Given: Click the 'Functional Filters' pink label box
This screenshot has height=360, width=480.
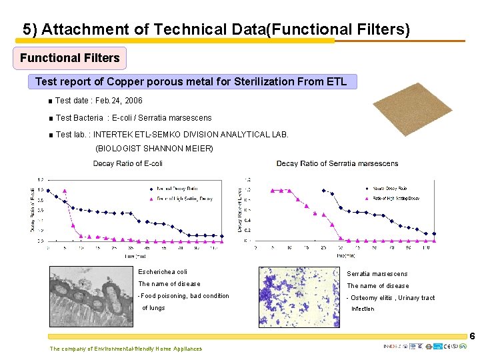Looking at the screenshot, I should (69, 58).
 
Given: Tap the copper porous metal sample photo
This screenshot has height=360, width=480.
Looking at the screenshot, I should (413, 109).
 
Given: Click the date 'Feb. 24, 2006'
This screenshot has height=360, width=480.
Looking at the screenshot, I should (120, 101).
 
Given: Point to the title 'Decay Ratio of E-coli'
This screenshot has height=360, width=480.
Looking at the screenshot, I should (128, 163).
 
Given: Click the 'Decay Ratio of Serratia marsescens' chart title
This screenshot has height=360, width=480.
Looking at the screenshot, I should (337, 163).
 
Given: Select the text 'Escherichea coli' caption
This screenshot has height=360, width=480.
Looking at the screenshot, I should (163, 272).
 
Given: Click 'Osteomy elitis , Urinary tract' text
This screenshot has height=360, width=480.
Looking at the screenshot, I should (392, 298).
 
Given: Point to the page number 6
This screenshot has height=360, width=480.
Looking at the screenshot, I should (472, 337).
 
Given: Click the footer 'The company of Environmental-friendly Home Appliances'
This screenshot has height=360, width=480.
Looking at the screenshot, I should (125, 349).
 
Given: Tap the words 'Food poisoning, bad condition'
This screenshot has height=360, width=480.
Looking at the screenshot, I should (185, 296).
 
